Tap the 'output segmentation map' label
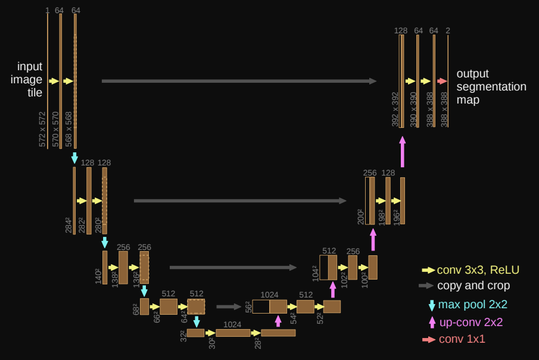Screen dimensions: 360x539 point(491,86)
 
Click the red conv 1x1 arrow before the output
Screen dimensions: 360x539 point(442,81)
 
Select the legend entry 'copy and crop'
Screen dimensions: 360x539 point(473,286)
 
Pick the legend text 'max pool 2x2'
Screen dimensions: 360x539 point(473,305)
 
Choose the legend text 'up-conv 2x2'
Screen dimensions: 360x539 point(471,323)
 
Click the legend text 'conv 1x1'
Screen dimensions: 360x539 point(462,340)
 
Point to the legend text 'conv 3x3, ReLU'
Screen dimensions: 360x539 point(478,270)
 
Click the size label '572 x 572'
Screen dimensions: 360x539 point(42,129)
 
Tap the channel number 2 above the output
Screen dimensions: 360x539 point(448,30)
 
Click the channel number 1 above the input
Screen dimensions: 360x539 point(47,10)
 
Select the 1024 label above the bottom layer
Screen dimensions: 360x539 point(232,324)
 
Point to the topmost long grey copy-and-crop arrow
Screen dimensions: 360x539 point(239,81)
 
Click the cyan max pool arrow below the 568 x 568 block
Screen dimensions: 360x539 point(74,158)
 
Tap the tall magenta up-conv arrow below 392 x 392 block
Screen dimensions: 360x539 point(403,152)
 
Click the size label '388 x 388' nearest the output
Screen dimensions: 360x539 point(444,109)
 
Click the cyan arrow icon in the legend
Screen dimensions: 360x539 point(432,305)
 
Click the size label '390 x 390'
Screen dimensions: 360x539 point(413,109)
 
